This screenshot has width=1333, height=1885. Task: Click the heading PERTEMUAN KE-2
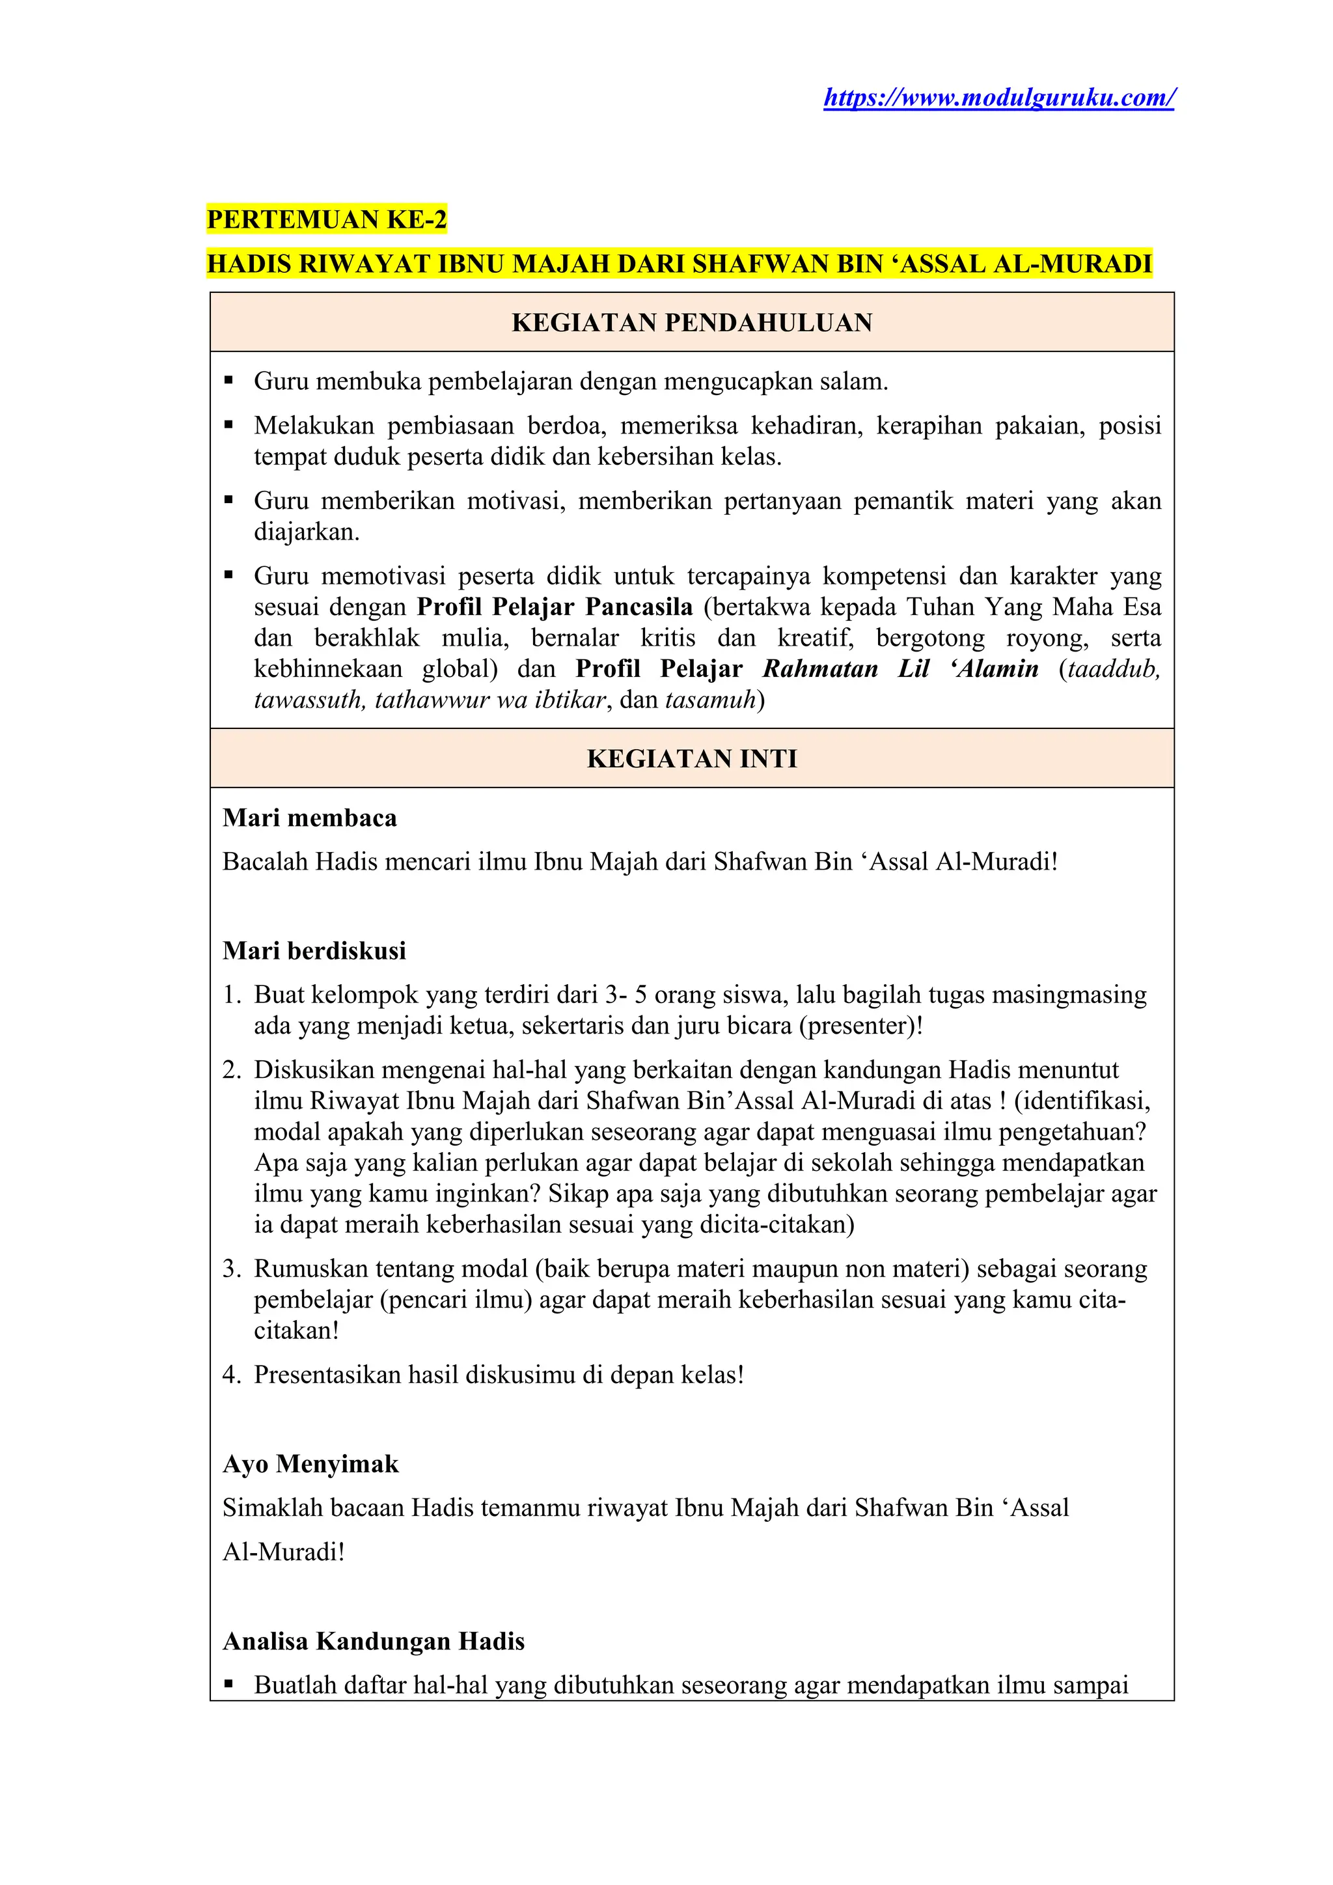[x=327, y=220]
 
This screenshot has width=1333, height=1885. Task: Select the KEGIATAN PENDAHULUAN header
[x=691, y=323]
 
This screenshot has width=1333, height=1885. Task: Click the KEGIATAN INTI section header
[x=691, y=758]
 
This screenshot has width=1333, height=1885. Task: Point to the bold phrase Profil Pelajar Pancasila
[x=554, y=607]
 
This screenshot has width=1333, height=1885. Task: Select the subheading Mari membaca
[x=309, y=818]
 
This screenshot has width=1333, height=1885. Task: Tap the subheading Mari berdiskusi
[x=314, y=951]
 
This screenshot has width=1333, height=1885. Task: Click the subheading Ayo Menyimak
[x=310, y=1464]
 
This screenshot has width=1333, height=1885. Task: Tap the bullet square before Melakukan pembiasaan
[x=229, y=425]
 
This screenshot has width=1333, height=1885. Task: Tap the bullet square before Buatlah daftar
[x=229, y=1685]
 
